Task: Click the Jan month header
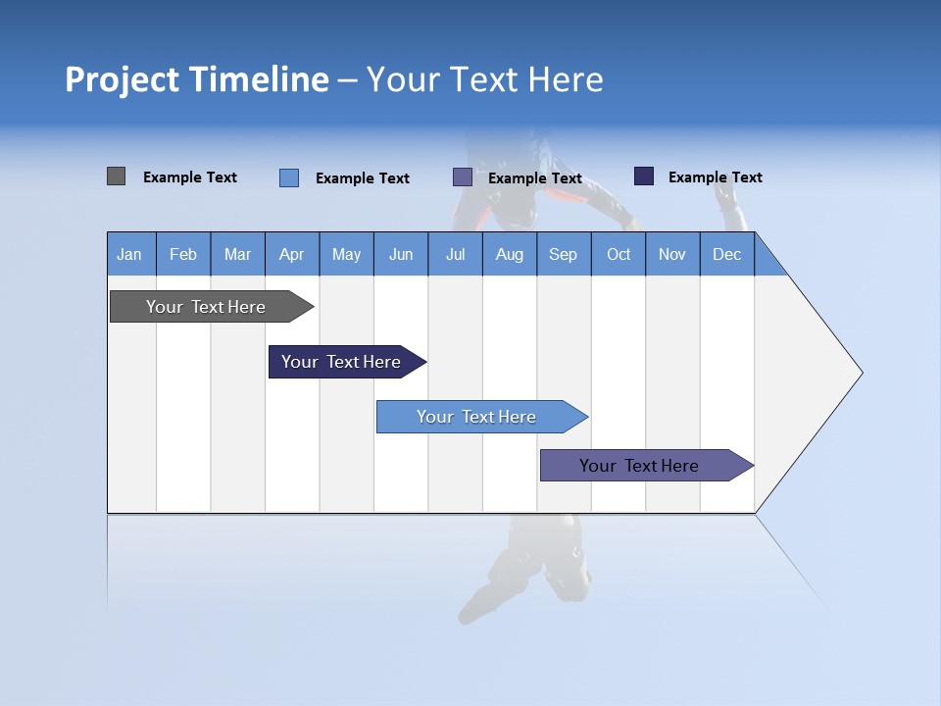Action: click(129, 254)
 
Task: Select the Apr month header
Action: click(291, 254)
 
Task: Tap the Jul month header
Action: click(455, 254)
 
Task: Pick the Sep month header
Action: click(563, 254)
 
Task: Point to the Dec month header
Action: click(726, 254)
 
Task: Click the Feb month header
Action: click(183, 254)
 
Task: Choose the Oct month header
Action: click(619, 254)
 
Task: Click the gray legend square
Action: click(116, 176)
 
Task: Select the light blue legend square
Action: click(288, 177)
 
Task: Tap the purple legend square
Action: click(463, 177)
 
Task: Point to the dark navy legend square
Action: click(643, 176)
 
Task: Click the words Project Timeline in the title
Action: click(196, 79)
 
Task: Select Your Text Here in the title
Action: click(484, 79)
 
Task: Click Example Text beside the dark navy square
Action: click(715, 177)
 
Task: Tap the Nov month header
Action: click(672, 254)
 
